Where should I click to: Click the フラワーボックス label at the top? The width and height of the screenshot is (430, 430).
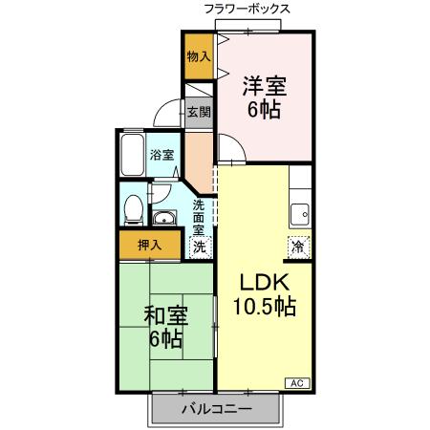(x=247, y=9)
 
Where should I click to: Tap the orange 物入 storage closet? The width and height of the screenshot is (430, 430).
(x=199, y=56)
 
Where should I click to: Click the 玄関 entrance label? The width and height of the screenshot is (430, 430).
(x=199, y=112)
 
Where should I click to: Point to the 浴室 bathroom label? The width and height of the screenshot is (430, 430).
(x=161, y=156)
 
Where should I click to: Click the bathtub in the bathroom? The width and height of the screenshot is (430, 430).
(x=132, y=155)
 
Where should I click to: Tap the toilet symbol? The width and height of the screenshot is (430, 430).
(x=133, y=206)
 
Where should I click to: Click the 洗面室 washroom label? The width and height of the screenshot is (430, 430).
(x=199, y=217)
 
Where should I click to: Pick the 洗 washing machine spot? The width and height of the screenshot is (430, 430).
(x=199, y=246)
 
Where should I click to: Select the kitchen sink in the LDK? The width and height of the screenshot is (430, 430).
(x=300, y=213)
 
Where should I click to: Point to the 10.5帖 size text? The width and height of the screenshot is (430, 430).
(x=264, y=308)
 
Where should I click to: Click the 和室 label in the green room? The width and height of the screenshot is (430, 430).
(x=165, y=314)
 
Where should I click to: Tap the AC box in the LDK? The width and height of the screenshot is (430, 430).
(x=295, y=382)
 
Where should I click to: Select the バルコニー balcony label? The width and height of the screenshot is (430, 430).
(x=216, y=410)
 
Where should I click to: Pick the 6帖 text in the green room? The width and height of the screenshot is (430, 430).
(x=165, y=339)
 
